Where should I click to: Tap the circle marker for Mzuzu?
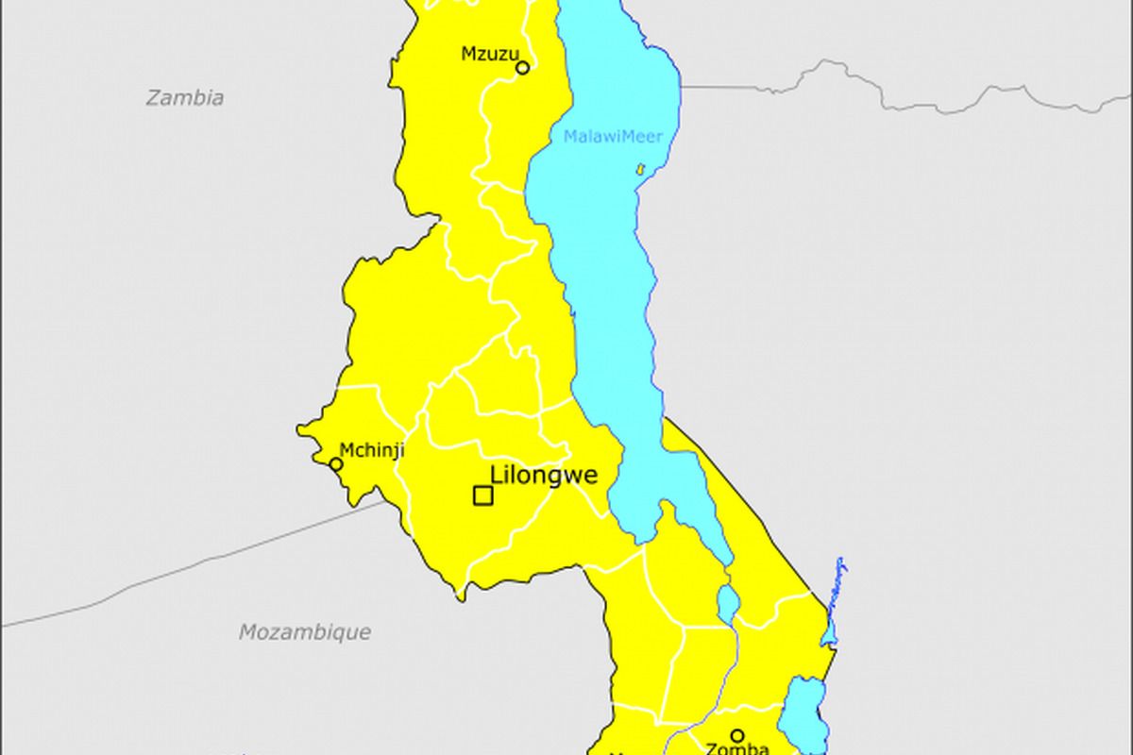pos(522,67)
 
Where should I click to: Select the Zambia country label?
pos(185,97)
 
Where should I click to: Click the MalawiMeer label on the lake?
pos(613,137)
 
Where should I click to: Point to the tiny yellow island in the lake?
pos(640,170)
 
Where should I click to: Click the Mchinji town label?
pos(371,450)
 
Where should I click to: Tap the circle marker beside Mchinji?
pos(336,464)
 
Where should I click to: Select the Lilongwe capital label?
pos(543,476)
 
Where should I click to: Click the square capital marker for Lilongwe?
pos(482,495)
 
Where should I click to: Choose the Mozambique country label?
pos(304,631)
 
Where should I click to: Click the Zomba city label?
pos(737,749)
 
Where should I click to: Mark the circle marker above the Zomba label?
pos(737,735)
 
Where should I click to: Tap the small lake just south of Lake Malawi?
pos(727,604)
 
